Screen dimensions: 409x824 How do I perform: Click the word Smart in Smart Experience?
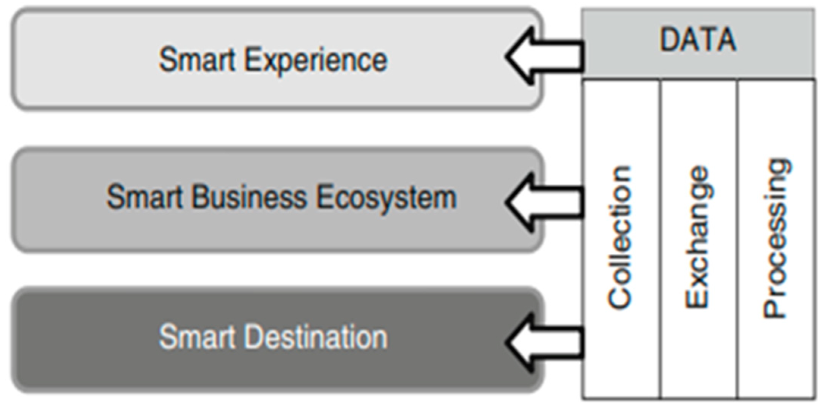[197, 60]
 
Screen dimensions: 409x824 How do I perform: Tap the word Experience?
[315, 61]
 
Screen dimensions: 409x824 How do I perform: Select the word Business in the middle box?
[249, 197]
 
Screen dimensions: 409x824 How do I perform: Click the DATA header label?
[698, 39]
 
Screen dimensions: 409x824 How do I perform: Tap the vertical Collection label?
[620, 237]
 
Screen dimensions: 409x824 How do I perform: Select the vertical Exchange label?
[697, 237]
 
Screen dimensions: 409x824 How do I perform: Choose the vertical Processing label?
[775, 238]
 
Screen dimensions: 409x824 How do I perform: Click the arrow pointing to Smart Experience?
[543, 56]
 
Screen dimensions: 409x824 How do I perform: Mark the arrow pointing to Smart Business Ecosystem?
[543, 202]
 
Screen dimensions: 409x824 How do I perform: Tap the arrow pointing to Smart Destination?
[543, 342]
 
